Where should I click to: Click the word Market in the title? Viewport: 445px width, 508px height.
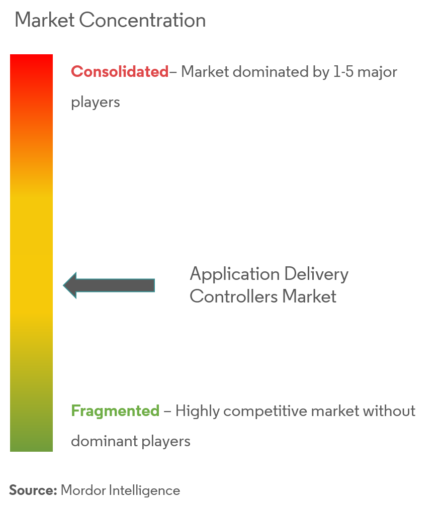pyautogui.click(x=45, y=20)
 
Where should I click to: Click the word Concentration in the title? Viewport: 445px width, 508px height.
pyautogui.click(x=142, y=20)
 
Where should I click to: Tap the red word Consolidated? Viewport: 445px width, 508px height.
pyautogui.click(x=120, y=71)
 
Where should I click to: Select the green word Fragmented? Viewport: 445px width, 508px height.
pyautogui.click(x=115, y=411)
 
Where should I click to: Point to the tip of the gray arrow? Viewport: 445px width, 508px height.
pyautogui.click(x=63, y=285)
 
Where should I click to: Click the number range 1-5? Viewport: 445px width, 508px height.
pyautogui.click(x=343, y=71)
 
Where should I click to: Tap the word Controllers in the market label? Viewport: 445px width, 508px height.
pyautogui.click(x=234, y=296)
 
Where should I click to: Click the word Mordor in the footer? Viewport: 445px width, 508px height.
pyautogui.click(x=83, y=490)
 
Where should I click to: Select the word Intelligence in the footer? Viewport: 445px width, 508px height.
pyautogui.click(x=144, y=491)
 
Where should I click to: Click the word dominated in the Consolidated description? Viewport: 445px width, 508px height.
pyautogui.click(x=271, y=71)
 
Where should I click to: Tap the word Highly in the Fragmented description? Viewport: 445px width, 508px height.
pyautogui.click(x=198, y=412)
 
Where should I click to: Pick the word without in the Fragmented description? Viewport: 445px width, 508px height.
pyautogui.click(x=389, y=411)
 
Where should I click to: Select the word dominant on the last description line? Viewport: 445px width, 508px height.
pyautogui.click(x=105, y=441)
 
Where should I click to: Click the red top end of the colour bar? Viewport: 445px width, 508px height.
pyautogui.click(x=32, y=56)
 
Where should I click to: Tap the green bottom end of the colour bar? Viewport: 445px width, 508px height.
pyautogui.click(x=32, y=450)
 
